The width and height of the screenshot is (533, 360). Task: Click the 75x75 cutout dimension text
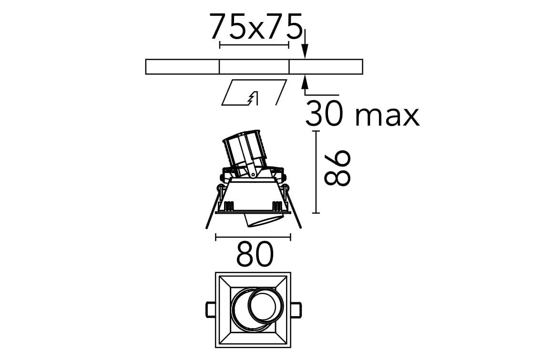coord(255,27)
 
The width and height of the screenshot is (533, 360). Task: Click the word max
coord(387,117)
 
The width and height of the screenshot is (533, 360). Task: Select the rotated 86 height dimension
coord(337,169)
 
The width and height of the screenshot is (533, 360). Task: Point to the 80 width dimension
coord(255,254)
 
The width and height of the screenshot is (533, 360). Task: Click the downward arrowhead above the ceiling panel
coord(305,52)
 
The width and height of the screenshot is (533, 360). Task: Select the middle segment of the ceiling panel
coord(254,67)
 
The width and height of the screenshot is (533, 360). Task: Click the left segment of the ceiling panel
coord(182,67)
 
